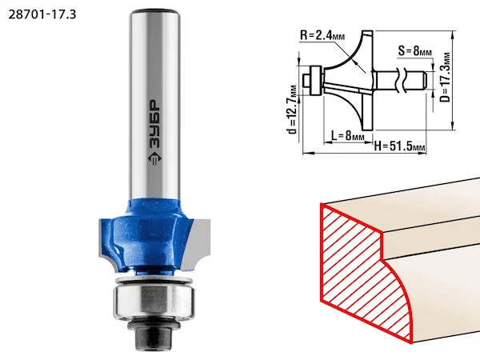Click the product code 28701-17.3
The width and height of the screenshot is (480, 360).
pyautogui.click(x=42, y=14)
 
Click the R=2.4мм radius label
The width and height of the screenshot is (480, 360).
pyautogui.click(x=322, y=35)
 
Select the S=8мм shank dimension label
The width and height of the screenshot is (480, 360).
pyautogui.click(x=414, y=50)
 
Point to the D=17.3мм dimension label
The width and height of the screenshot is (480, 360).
pyautogui.click(x=446, y=77)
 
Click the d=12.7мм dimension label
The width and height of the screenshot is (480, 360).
pyautogui.click(x=292, y=110)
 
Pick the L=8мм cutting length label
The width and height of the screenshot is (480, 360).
pyautogui.click(x=348, y=134)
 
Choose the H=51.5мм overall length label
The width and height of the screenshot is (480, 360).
pyautogui.click(x=399, y=146)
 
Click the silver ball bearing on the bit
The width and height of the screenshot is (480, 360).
pyautogui.click(x=153, y=302)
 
